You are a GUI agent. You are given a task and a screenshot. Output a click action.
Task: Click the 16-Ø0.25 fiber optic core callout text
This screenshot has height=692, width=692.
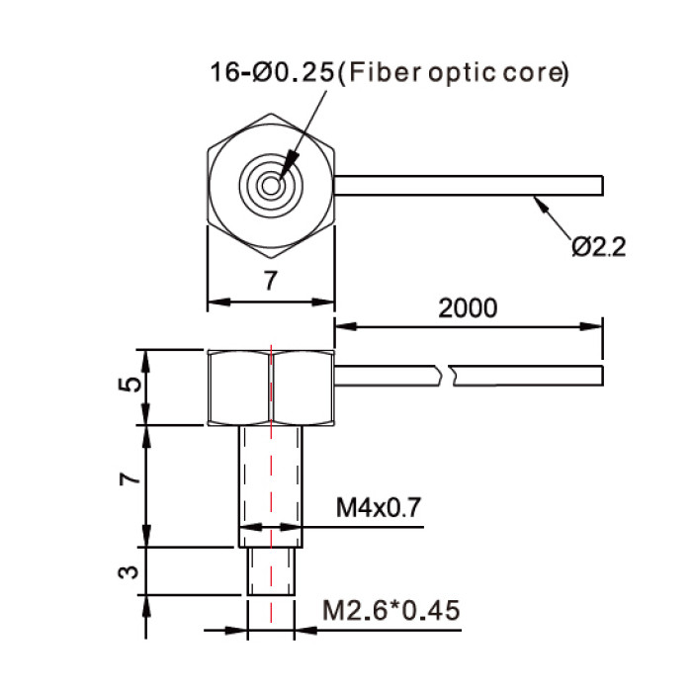click(x=389, y=73)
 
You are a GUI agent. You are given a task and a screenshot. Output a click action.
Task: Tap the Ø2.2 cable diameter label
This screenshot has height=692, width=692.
click(x=598, y=247)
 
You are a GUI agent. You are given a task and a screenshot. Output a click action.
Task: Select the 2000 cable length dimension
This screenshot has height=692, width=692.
click(x=468, y=308)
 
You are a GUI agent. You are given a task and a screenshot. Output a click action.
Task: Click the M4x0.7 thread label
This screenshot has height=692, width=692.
click(x=379, y=507)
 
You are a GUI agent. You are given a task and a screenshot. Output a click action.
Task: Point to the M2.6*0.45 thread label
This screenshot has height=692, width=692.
click(x=391, y=611)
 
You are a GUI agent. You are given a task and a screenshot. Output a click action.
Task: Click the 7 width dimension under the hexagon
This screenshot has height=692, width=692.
click(x=271, y=280)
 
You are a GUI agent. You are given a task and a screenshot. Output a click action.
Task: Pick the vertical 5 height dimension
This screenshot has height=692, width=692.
click(x=130, y=385)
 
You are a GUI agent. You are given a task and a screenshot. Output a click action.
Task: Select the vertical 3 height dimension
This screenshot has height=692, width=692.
click(x=129, y=572)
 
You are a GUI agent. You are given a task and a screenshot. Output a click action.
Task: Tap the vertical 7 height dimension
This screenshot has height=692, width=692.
click(x=130, y=478)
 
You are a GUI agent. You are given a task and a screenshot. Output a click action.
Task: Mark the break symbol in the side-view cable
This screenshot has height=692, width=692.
click(x=446, y=376)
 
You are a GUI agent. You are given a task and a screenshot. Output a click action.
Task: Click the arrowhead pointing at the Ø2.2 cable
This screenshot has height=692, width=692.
click(x=541, y=205)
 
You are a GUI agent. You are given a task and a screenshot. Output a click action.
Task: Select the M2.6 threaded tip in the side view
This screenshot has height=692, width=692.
click(x=271, y=571)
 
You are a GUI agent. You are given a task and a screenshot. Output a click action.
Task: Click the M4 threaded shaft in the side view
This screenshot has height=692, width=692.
click(x=271, y=486)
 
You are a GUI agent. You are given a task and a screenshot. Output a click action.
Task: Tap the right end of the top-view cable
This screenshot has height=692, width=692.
click(x=603, y=186)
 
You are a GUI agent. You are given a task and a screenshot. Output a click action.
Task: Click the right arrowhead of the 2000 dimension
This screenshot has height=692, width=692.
click(x=591, y=326)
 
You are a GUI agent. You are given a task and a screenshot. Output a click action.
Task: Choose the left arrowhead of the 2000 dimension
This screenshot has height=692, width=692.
click(x=346, y=326)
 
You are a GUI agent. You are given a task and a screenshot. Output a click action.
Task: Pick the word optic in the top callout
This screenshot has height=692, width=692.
click(x=462, y=74)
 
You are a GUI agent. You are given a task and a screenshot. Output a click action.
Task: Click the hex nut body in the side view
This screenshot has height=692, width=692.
click(x=271, y=388)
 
